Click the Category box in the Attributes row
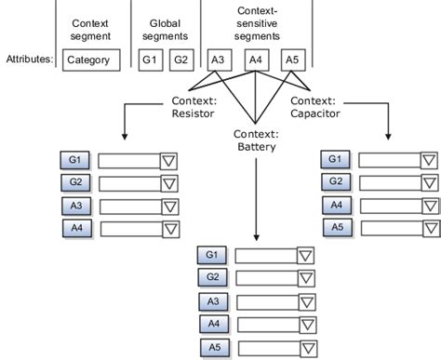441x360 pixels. (x=93, y=61)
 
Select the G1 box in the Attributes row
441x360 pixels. (x=149, y=61)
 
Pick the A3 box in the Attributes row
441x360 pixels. (x=219, y=61)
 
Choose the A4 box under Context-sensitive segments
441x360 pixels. (x=258, y=61)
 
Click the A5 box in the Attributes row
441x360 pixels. (x=294, y=61)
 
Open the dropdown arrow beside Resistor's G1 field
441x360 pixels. (x=170, y=161)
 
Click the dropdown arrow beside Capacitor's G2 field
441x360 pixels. (x=428, y=183)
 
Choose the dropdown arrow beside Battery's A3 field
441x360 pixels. (x=306, y=301)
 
